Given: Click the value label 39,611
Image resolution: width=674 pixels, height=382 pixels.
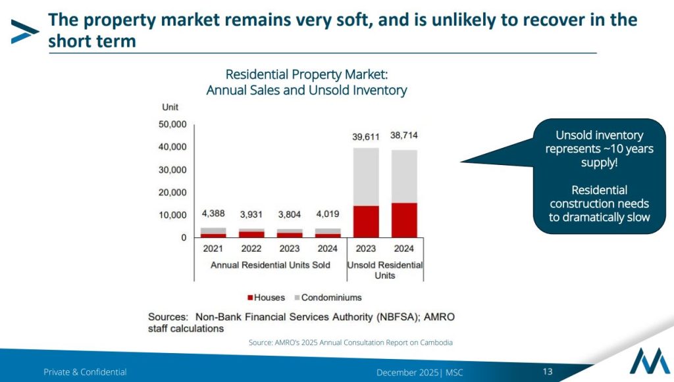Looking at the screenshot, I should pyautogui.click(x=365, y=137).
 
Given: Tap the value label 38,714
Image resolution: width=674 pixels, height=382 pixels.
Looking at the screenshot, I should pyautogui.click(x=403, y=135).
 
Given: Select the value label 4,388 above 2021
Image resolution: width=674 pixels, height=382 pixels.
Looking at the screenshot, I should pyautogui.click(x=213, y=214).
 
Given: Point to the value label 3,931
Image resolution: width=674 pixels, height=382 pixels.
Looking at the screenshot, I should pyautogui.click(x=251, y=216).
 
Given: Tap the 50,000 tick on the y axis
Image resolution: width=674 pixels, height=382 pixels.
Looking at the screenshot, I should pyautogui.click(x=173, y=124).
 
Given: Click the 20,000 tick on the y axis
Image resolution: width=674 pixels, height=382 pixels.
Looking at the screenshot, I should pyautogui.click(x=173, y=193).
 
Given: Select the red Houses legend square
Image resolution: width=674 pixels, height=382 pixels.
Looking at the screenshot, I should pyautogui.click(x=250, y=298).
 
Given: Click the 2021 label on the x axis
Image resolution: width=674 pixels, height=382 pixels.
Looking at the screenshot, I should pyautogui.click(x=213, y=249).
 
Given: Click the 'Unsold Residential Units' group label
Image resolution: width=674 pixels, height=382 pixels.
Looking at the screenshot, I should pyautogui.click(x=385, y=270).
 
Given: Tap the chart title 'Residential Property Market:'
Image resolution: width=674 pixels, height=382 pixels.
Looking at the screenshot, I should pyautogui.click(x=307, y=74).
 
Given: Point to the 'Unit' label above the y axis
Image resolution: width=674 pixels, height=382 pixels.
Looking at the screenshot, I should pyautogui.click(x=170, y=107).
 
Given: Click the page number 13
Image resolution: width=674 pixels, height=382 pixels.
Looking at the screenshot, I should pyautogui.click(x=548, y=371).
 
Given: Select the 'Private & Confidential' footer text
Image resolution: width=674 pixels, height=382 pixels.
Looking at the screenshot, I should pyautogui.click(x=85, y=372).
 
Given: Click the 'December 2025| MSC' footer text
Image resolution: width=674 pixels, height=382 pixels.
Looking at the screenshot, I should pyautogui.click(x=419, y=372).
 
